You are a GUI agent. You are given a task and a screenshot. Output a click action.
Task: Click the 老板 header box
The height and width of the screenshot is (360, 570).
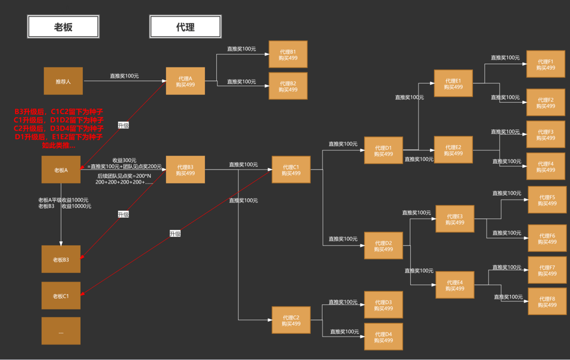pos(63,27)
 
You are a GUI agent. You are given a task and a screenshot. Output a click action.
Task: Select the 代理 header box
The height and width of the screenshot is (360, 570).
pos(185,27)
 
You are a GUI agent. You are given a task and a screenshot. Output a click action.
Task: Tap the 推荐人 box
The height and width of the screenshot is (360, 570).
pos(63,81)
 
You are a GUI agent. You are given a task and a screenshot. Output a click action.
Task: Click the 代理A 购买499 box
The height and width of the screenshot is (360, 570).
pos(185,81)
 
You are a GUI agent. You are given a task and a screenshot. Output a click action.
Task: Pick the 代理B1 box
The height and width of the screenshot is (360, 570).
pos(288,54)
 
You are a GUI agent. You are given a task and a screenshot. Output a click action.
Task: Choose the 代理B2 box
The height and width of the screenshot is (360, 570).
pos(288,86)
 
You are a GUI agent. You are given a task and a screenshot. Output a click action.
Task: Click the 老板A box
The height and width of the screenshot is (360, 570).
pos(61,170)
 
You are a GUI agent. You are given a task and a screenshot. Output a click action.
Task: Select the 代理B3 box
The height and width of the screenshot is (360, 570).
pos(185,170)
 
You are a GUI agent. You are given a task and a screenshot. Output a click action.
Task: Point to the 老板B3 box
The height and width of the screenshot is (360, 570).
pos(61,260)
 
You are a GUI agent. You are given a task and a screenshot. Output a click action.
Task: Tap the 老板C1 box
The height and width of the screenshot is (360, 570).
pos(61,295)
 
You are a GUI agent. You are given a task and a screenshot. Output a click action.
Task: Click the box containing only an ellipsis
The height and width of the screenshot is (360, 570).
pos(61,331)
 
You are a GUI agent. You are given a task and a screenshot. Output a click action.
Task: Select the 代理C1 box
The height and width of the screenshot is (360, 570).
pos(291,170)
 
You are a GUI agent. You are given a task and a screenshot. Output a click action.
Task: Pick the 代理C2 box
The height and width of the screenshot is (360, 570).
pos(291,320)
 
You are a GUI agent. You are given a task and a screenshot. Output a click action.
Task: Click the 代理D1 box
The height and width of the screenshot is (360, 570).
pos(383,150)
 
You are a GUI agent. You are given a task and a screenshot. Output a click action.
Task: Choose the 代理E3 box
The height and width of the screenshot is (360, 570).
pos(454,219)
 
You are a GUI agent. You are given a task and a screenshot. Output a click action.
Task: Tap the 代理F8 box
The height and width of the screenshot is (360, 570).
pos(547,301)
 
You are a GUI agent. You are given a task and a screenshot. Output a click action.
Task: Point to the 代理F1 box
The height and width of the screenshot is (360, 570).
pos(545,64)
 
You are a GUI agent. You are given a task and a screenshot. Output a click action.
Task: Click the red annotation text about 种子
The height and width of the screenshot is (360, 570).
pos(59,129)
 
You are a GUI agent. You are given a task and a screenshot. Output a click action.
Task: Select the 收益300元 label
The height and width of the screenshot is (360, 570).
pos(124,160)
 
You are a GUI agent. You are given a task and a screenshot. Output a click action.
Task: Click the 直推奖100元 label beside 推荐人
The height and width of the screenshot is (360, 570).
pos(124,76)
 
